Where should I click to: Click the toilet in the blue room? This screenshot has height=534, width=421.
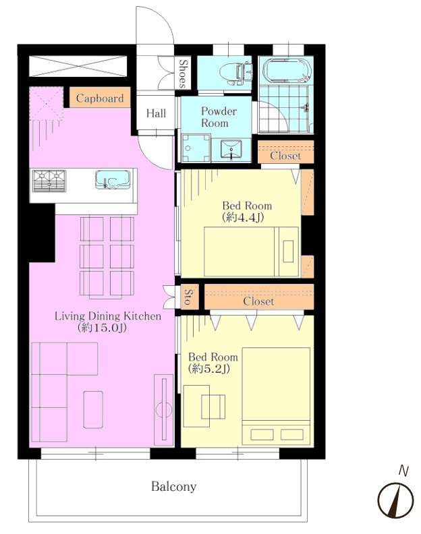[235, 74]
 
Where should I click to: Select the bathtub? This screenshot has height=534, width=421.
[287, 71]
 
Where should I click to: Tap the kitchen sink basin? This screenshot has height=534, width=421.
[113, 180]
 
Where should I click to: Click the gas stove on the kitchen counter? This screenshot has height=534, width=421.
[49, 181]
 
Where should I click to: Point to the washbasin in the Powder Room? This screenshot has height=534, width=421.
[231, 149]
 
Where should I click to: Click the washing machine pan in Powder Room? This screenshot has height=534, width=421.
[196, 148]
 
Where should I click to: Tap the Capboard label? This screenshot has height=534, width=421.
[100, 98]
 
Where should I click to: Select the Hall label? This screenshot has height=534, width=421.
[156, 113]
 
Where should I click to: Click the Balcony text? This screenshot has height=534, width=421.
[174, 487]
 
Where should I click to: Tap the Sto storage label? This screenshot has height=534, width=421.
[188, 297]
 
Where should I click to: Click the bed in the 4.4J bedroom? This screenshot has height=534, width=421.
[251, 251]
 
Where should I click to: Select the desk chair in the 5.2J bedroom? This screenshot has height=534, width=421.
[213, 407]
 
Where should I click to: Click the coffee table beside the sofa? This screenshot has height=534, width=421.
[93, 409]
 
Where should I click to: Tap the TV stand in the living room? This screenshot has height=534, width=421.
[164, 410]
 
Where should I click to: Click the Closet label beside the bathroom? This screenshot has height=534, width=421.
[285, 156]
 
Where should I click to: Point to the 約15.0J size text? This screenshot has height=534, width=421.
[103, 328]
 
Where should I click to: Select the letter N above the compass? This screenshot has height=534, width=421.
[403, 471]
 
